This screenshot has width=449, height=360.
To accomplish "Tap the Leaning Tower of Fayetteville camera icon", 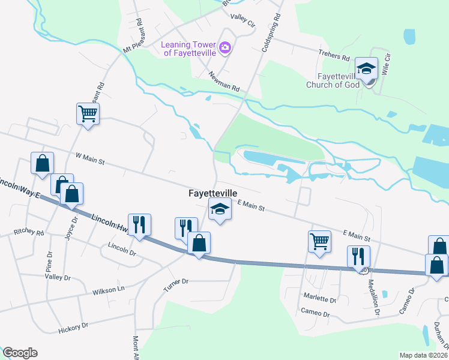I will pyautogui.click(x=225, y=47).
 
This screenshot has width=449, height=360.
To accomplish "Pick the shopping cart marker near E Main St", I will pyautogui.click(x=319, y=241).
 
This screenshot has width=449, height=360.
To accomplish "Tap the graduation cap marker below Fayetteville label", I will pyautogui.click(x=220, y=210).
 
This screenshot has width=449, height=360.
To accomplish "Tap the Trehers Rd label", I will pyautogui.click(x=334, y=57).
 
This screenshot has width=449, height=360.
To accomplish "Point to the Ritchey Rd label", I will pyautogui.click(x=29, y=232).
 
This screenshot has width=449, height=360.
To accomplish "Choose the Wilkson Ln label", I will pyautogui.click(x=108, y=290).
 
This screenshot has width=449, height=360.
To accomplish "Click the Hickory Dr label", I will pyautogui.click(x=73, y=327).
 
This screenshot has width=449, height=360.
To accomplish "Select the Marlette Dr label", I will pyautogui.click(x=319, y=299).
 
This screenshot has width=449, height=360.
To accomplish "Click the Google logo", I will pyautogui.click(x=20, y=353).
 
